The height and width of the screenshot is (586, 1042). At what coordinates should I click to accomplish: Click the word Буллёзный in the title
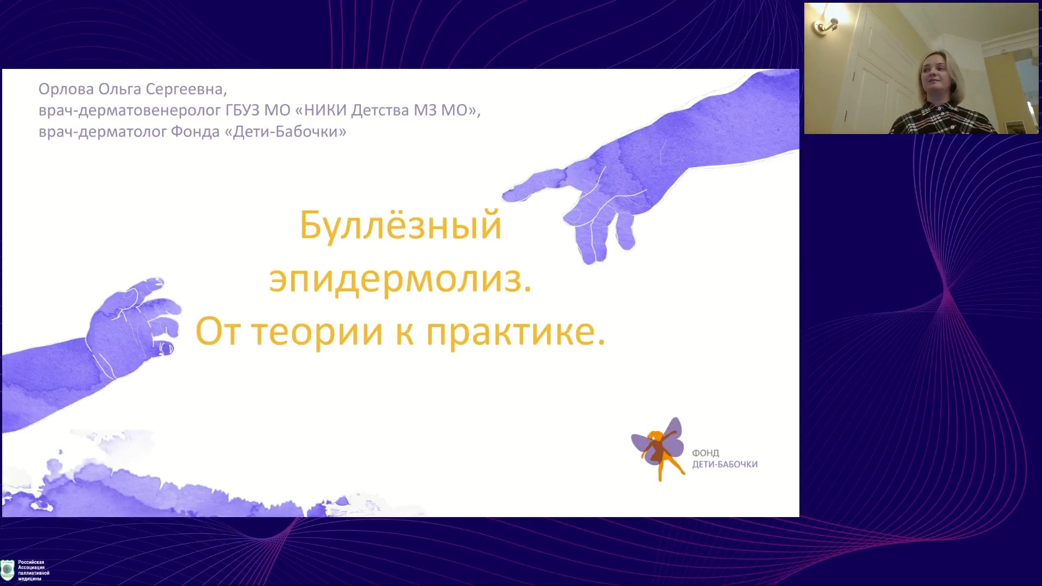point(401,225)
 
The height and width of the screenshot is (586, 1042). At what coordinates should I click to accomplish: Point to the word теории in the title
point(317,332)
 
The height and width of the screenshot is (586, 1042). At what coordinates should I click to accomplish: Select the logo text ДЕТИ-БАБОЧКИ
point(725,464)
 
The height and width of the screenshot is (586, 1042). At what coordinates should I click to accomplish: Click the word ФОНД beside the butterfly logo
point(706,453)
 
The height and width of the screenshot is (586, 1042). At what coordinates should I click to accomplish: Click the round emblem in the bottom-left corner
point(8,570)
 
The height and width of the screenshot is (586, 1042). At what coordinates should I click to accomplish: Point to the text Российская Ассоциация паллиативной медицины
point(34,570)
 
